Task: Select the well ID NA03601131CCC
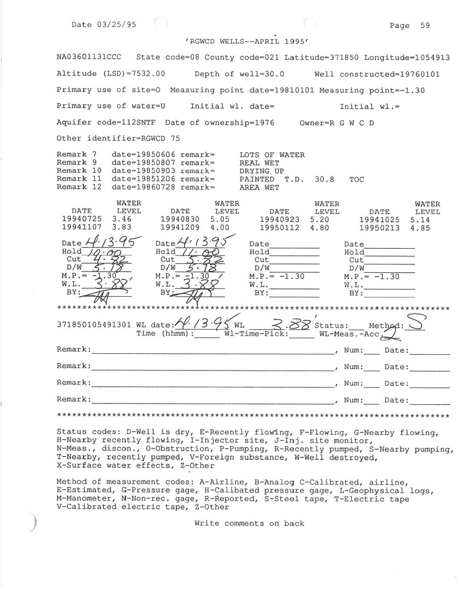pos(89,58)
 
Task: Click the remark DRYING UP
pos(262,171)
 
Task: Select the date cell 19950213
pos(379,228)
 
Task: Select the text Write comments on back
pos(249,523)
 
